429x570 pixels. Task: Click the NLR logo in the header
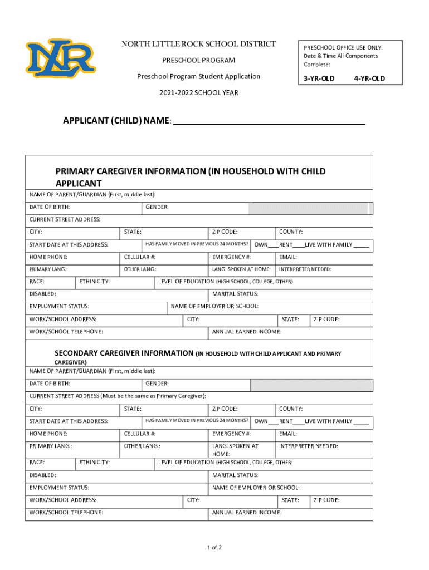click(x=60, y=58)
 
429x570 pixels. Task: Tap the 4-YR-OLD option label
click(x=369, y=78)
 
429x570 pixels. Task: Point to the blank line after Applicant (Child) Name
click(x=269, y=122)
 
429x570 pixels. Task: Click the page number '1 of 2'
click(x=214, y=548)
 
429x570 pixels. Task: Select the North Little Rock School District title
click(x=199, y=45)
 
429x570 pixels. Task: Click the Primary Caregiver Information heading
click(x=191, y=177)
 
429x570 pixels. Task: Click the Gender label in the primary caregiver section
click(x=157, y=208)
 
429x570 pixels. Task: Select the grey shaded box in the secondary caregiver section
click(x=312, y=385)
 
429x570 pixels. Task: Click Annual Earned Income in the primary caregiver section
click(x=247, y=332)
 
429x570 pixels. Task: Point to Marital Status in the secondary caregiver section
click(x=235, y=475)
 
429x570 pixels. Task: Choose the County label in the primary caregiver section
click(x=291, y=232)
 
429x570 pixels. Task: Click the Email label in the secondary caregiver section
click(x=288, y=434)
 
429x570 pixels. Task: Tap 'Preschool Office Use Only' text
click(x=343, y=48)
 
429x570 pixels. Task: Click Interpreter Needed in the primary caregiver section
click(x=305, y=269)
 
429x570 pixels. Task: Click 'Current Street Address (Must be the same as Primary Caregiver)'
click(x=118, y=396)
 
